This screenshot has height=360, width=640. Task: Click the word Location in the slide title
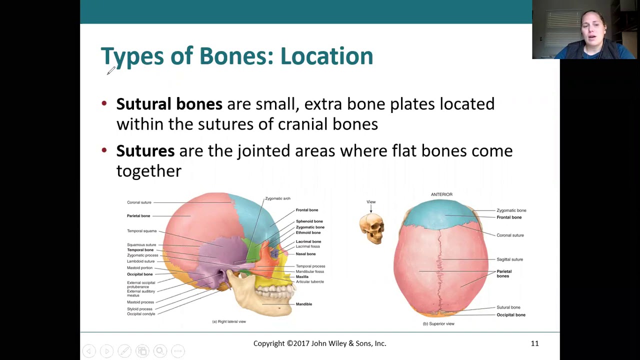pos(326,56)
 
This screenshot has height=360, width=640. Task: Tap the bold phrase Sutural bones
pos(169,104)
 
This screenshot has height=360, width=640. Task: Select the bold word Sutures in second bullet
pos(145,151)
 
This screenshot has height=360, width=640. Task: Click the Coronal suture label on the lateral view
pos(139,202)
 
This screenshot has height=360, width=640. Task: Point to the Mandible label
pos(303,304)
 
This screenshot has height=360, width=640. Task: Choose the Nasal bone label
pos(305,254)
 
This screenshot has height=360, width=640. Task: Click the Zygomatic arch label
pos(277,198)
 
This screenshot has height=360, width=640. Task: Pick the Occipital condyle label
pos(141,314)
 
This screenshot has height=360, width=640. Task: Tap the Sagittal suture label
pos(509,259)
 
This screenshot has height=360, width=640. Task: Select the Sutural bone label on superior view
pos(508,307)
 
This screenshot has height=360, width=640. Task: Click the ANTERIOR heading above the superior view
pos(441,194)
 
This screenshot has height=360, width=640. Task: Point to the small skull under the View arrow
pos(371,228)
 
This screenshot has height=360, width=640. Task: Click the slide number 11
pos(534,343)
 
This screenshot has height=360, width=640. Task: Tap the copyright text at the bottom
pos(319,343)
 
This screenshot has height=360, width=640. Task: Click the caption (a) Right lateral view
pos(229,321)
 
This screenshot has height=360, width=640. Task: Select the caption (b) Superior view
pos(438,324)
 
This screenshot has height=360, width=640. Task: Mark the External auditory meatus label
pos(140,293)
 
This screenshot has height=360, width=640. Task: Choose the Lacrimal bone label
pos(308,241)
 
